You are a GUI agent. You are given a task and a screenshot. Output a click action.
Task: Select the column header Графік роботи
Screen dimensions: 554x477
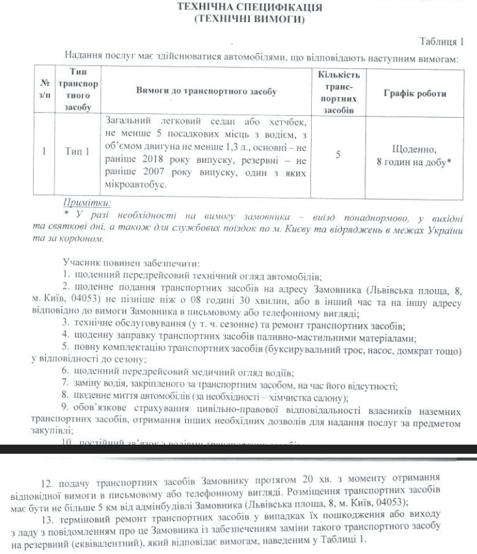pyautogui.click(x=415, y=93)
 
